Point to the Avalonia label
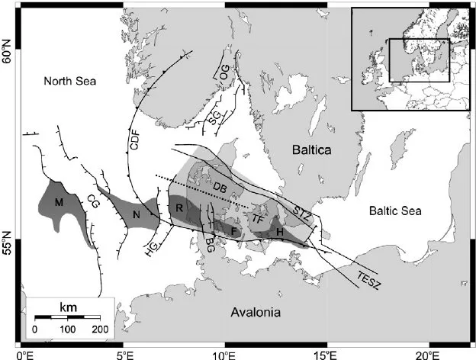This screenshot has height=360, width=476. pos(256,313)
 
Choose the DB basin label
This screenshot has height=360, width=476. pos(220,189)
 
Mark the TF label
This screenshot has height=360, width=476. pos(258,217)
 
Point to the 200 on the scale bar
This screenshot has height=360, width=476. pos(100,329)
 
